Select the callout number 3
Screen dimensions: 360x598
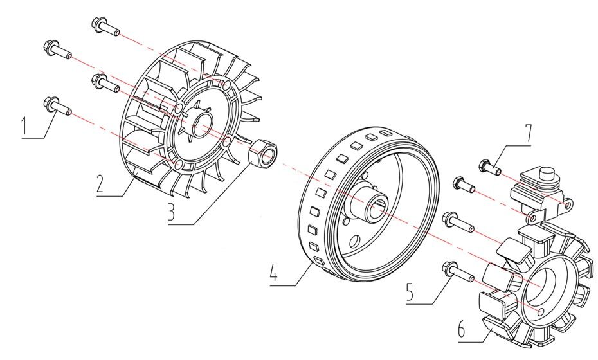point(172,212)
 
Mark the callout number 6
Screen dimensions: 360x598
point(462,330)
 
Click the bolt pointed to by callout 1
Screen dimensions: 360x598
point(56,105)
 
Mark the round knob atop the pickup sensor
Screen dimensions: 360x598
point(546,173)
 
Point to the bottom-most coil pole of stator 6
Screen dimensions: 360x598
point(498,327)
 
